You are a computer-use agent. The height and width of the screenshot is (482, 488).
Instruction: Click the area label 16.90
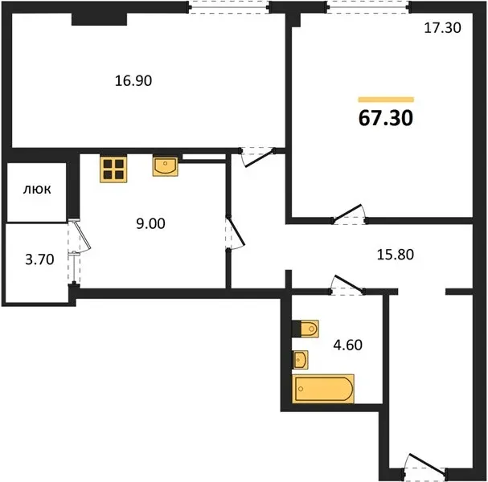coord(133,81)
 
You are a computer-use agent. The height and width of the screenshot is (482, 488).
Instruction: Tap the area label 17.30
coord(442,27)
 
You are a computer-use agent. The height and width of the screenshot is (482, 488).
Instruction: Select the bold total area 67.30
coord(386,118)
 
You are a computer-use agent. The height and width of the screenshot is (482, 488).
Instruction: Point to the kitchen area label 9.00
coord(150,223)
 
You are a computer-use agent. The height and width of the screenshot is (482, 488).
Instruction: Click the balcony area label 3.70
coord(39,259)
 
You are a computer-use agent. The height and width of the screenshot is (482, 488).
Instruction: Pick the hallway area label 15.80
coord(396,255)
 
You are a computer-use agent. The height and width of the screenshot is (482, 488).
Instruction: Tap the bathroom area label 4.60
coord(347,345)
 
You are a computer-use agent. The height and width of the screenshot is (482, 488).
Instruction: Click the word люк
coord(37,190)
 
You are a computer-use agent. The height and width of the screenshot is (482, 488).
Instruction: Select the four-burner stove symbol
coord(113,169)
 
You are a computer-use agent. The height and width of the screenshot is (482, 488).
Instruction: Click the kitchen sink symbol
coord(165,166)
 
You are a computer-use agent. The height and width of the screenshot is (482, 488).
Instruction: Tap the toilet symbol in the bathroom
coord(306,329)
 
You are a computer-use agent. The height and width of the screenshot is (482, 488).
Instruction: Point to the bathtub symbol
coord(323,389)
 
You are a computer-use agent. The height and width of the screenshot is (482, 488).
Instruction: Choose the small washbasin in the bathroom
coord(301,360)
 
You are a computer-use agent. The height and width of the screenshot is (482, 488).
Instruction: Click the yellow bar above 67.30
coord(386,100)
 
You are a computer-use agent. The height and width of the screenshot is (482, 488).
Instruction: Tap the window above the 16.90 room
coord(229,7)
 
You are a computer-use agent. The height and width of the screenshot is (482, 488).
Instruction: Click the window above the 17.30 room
coord(368,7)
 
